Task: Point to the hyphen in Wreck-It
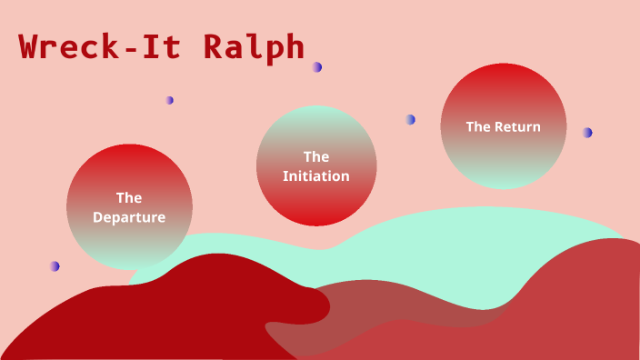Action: (x=131, y=49)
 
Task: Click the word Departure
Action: (x=129, y=217)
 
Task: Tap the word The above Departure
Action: (x=129, y=196)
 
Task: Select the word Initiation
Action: (x=316, y=176)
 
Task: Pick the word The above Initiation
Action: (x=316, y=156)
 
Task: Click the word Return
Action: (x=517, y=126)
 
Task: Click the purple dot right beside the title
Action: (x=316, y=66)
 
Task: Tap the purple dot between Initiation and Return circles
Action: (x=411, y=119)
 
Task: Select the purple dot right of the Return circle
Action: (x=587, y=133)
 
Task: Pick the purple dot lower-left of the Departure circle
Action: (x=55, y=266)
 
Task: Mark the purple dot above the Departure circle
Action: (x=170, y=100)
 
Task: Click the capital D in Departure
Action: (x=97, y=217)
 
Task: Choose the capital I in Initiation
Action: (x=285, y=176)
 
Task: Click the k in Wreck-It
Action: (x=109, y=47)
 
